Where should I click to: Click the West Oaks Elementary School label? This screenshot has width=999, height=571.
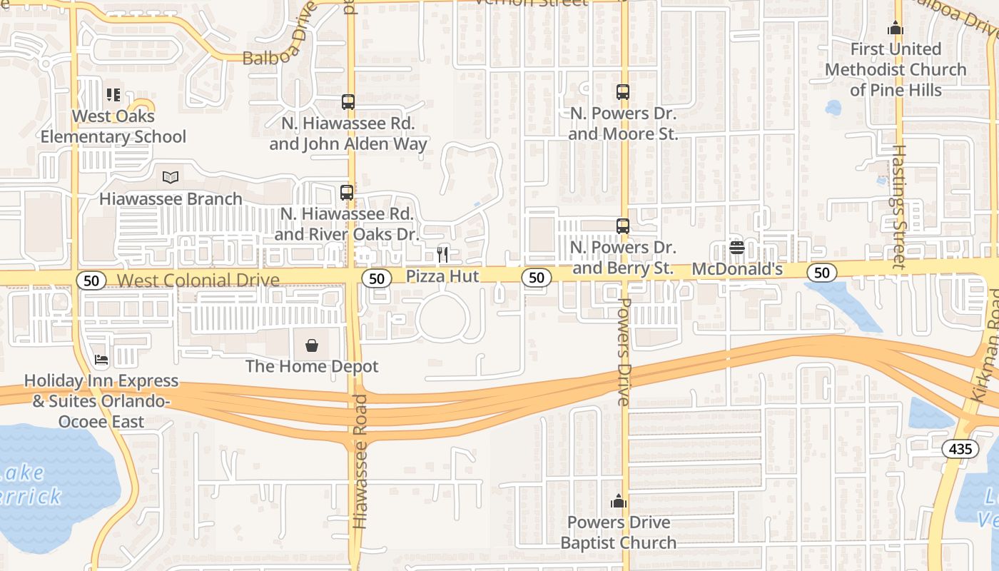point(113,126)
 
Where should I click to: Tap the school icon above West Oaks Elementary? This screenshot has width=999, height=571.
point(113,94)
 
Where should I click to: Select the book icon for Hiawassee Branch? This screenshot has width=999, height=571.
point(171,177)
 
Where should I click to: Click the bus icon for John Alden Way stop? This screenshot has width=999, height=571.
point(348,101)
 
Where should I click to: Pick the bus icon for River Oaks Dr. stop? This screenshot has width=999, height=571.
point(346,192)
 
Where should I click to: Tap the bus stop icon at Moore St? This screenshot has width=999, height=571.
point(623,91)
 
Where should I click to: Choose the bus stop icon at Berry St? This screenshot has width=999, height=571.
point(623,226)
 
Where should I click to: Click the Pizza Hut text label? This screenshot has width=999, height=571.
point(442,276)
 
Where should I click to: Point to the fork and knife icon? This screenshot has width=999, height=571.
point(442,254)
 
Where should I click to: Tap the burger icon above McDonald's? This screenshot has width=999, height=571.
point(737,248)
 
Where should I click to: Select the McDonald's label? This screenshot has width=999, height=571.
point(737,269)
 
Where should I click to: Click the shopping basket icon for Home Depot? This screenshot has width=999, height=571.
point(312,345)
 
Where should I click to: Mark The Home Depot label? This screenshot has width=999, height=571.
point(312,366)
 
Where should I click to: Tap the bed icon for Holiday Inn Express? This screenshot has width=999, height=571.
point(101,360)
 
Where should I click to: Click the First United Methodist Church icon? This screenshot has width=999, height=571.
point(895,29)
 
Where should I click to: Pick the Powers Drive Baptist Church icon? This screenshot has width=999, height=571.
point(619,502)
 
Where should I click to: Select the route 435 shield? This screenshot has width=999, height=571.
point(960,448)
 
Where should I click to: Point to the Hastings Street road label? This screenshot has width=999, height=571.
point(899,207)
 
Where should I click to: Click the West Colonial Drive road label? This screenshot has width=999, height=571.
point(198,280)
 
